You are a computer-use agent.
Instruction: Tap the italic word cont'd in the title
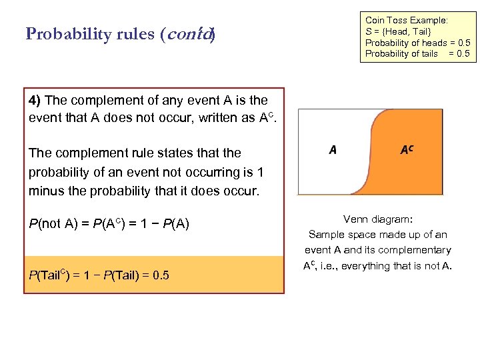194,34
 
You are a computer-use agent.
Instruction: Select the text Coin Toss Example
406,21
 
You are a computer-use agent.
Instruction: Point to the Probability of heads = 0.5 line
417,43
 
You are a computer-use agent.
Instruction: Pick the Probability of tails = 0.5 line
417,54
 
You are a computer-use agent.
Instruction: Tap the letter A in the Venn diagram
333,150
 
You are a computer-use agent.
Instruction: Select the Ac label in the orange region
406,150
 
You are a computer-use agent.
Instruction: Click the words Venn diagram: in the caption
378,219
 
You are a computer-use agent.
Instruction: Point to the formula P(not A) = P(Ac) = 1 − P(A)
109,223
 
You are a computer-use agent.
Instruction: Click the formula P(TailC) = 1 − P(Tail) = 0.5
99,275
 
